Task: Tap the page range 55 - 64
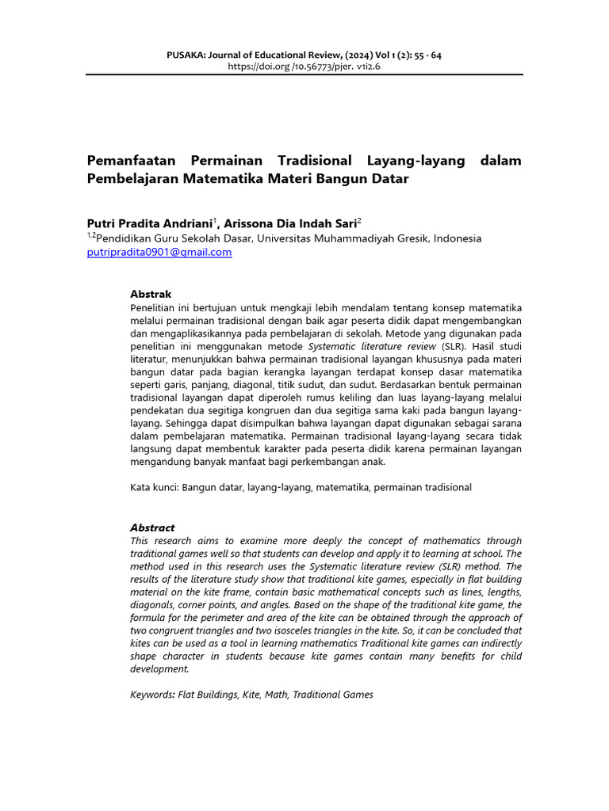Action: click(x=425, y=55)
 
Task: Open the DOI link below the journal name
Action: click(x=304, y=67)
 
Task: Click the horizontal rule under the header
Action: click(x=304, y=75)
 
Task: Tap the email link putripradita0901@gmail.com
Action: click(x=159, y=252)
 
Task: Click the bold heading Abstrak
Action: click(x=151, y=294)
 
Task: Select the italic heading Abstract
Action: click(x=152, y=527)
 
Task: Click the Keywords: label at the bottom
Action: click(x=153, y=695)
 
